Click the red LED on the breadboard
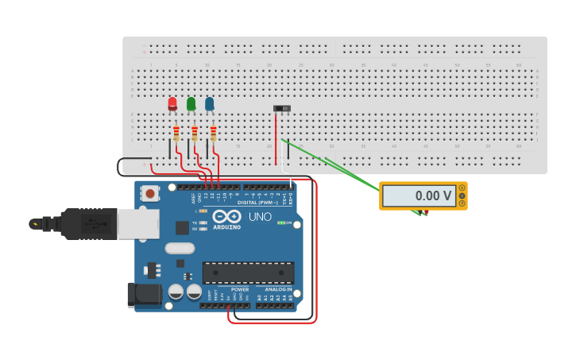point(172,103)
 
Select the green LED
point(191,103)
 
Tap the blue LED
point(210,103)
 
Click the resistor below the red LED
point(176,133)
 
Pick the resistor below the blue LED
point(213,133)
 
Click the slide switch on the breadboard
point(282,108)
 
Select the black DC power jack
point(145,295)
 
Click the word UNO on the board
point(260,216)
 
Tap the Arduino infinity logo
point(226,216)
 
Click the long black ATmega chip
point(248,273)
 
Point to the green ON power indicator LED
point(280,223)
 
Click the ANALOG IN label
point(273,289)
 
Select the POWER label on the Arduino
point(239,289)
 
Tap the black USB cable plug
point(80,223)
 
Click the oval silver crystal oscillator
point(180,248)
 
